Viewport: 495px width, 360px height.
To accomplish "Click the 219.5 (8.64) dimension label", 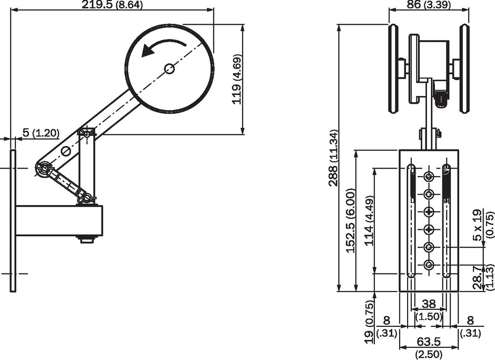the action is [x=112, y=5].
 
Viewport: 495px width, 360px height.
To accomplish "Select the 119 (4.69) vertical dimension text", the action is [x=237, y=80].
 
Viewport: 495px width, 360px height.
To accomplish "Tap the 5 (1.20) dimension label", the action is [x=41, y=133].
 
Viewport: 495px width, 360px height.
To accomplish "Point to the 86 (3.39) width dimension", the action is [x=429, y=5].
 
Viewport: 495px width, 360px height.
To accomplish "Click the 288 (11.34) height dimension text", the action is [x=333, y=158].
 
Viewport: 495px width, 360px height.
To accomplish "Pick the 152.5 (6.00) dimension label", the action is [x=351, y=221].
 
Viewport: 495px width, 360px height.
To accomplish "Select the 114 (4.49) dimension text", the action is [x=369, y=221].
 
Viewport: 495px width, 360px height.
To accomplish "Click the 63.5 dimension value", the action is [x=429, y=342].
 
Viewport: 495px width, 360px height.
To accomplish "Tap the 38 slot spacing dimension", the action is [x=429, y=304].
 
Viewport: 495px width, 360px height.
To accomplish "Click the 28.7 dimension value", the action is [x=479, y=277].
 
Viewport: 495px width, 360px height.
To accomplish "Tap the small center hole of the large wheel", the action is [x=170, y=69].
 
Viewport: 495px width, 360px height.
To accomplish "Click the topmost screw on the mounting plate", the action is [x=429, y=177].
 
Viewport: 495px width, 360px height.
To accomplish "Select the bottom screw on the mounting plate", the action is [x=429, y=265].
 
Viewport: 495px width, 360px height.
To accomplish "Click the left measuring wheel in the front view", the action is [x=393, y=69].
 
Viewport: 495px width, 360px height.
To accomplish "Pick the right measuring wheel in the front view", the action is [x=464, y=69].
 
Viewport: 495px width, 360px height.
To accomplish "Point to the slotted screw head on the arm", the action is [x=66, y=151].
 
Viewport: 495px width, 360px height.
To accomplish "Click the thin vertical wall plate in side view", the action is [x=13, y=221].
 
